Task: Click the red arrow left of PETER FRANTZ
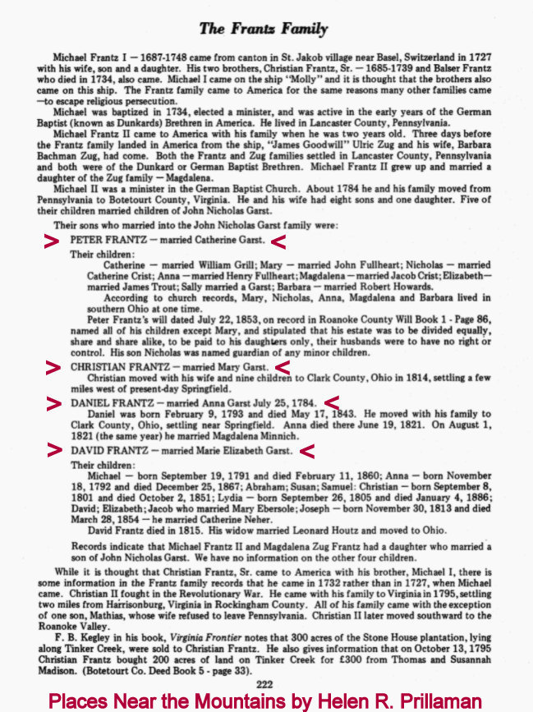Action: [52, 241]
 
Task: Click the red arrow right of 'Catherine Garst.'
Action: [278, 241]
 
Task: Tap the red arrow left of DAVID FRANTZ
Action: [53, 450]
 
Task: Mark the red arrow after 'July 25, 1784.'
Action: [332, 402]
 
